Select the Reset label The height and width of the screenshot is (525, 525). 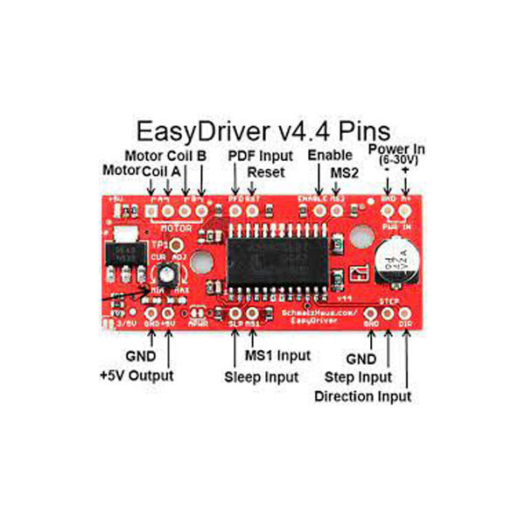click(265, 172)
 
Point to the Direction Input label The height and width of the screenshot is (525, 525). click(363, 396)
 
